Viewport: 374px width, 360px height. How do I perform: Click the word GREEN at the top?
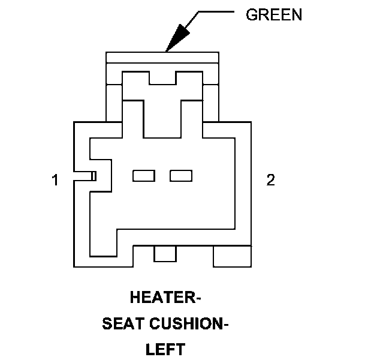coord(273,15)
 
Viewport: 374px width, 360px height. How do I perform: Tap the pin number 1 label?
coord(55,180)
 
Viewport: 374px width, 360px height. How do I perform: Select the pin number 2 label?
coord(271,180)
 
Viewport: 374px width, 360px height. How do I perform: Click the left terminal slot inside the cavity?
coord(144,175)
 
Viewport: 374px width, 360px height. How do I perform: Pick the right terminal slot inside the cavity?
coord(181,175)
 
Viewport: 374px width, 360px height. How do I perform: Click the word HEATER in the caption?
coord(159,297)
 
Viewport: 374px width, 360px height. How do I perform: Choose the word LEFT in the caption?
coord(166,349)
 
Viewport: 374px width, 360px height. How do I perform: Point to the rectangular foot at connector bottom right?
coord(232,256)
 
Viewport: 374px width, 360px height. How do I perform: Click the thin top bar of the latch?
coord(162,57)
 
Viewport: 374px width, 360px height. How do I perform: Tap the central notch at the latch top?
coord(162,77)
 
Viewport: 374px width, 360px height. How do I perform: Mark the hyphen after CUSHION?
coord(226,325)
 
